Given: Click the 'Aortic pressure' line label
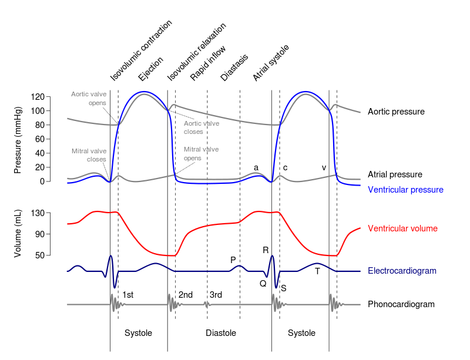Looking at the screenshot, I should click(395, 111).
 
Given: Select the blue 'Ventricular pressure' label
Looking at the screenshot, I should click(405, 190).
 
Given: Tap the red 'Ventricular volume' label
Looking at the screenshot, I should click(402, 228).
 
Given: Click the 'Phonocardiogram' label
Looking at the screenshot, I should click(401, 304).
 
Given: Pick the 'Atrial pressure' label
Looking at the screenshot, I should click(395, 174).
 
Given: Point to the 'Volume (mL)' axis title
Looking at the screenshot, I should click(18, 234).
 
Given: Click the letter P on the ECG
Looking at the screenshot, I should click(233, 260).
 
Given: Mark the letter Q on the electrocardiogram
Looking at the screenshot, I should click(263, 283).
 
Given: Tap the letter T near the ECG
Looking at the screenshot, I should click(317, 271).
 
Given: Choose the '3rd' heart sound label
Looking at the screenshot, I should click(216, 295).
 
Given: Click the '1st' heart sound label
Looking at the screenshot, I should click(127, 295).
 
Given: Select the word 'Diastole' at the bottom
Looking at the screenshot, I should click(221, 333).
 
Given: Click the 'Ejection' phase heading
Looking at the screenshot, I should click(147, 69).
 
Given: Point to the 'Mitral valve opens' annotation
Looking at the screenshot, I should click(201, 153).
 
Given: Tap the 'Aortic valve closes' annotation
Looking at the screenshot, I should click(202, 127).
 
